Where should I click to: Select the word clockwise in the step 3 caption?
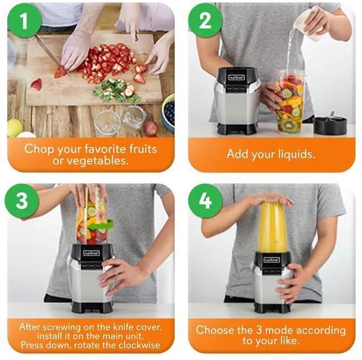coord(140,345)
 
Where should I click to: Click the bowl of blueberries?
coord(169,110)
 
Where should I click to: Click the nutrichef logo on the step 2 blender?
coord(237,76)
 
